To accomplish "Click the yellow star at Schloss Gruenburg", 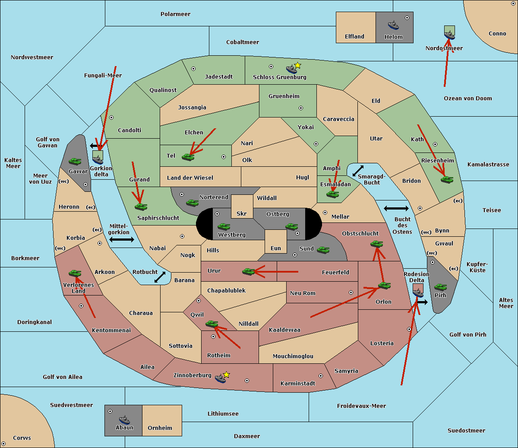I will pyautogui.click(x=297, y=65).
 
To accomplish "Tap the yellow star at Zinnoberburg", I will pyautogui.click(x=226, y=375).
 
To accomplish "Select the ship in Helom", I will pyautogui.click(x=393, y=25).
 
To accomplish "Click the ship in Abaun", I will pyautogui.click(x=124, y=419).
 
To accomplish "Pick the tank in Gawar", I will pyautogui.click(x=75, y=162).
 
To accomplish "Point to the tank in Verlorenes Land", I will pyautogui.click(x=75, y=273).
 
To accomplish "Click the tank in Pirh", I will pyautogui.click(x=440, y=287).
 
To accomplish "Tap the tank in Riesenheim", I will pyautogui.click(x=447, y=179).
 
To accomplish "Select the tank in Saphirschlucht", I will pyautogui.click(x=141, y=207).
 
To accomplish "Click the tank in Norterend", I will pyautogui.click(x=193, y=203).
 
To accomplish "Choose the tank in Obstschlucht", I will pyautogui.click(x=376, y=244).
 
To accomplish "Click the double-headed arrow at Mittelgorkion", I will pyautogui.click(x=122, y=240).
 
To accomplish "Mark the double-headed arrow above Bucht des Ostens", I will pyautogui.click(x=396, y=209).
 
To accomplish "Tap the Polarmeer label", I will pyautogui.click(x=175, y=14).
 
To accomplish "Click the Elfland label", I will pyautogui.click(x=354, y=37).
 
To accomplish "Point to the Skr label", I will pyautogui.click(x=242, y=213).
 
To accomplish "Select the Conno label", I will pyautogui.click(x=497, y=34).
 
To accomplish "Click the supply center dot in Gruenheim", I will pyautogui.click(x=301, y=108).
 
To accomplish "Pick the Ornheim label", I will pyautogui.click(x=160, y=428).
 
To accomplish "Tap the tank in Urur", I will pyautogui.click(x=248, y=271).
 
